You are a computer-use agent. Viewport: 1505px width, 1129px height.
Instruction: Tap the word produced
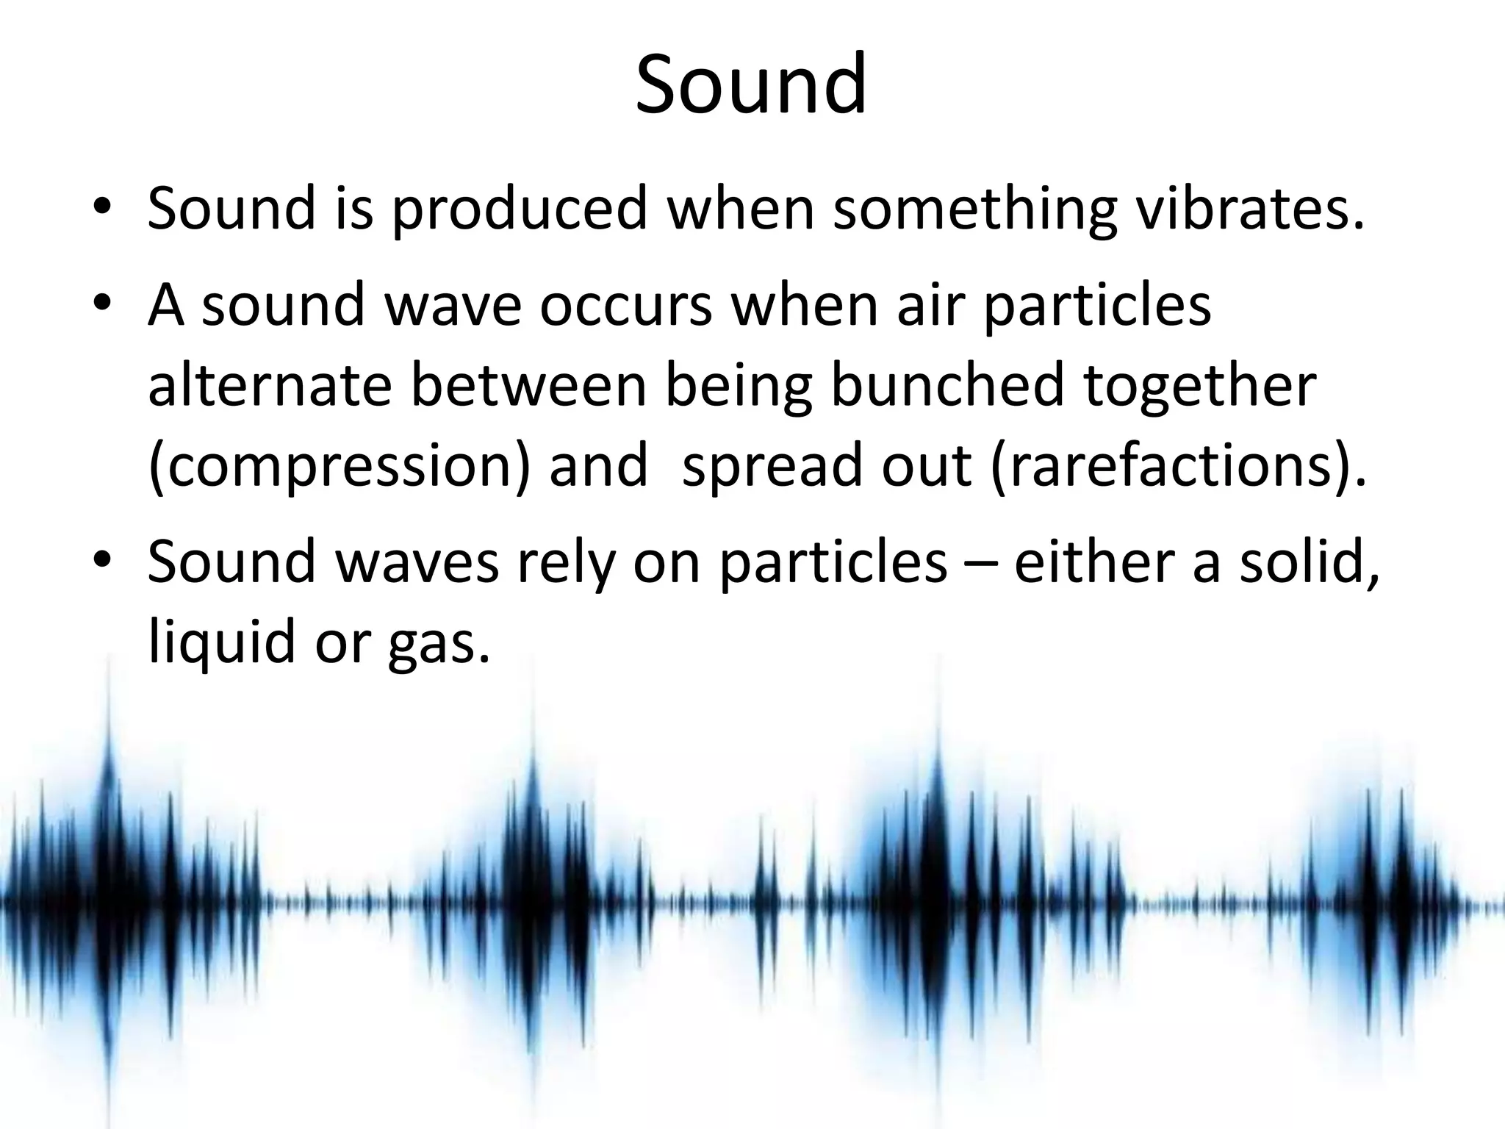pyautogui.click(x=519, y=209)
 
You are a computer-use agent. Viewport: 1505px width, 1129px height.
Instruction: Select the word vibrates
pyautogui.click(x=1249, y=209)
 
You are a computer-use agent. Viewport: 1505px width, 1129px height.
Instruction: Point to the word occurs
pyautogui.click(x=625, y=304)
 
